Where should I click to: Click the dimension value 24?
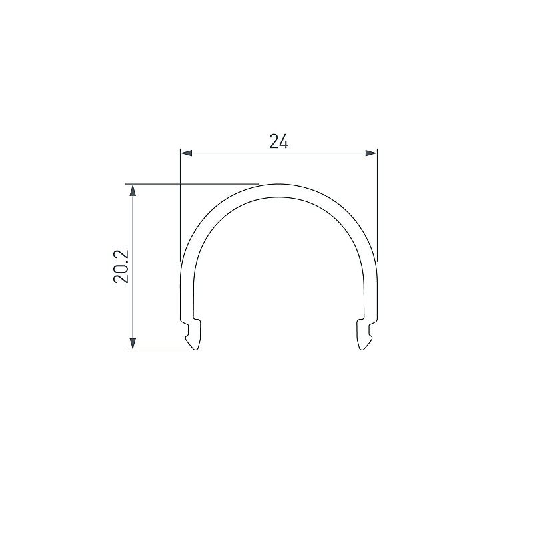click(x=278, y=141)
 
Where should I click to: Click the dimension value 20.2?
click(x=121, y=266)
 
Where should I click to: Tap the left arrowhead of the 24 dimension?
click(x=187, y=153)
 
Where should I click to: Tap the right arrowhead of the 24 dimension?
click(x=371, y=153)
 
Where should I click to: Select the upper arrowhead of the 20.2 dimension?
click(x=133, y=190)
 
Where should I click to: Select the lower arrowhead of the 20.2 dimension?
click(x=133, y=344)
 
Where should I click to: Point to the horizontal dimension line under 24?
click(x=278, y=153)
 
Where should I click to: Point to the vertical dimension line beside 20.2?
click(x=133, y=267)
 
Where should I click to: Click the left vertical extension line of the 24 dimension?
click(x=180, y=205)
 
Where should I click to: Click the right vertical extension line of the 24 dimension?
click(x=377, y=205)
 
